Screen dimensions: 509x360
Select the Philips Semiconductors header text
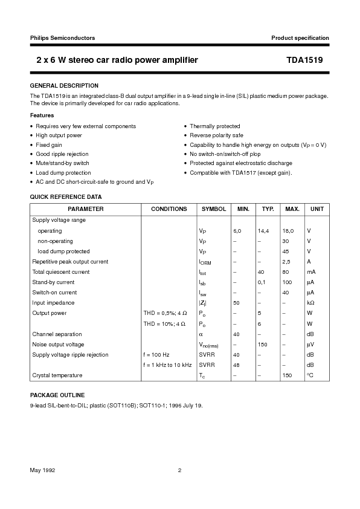point(62,37)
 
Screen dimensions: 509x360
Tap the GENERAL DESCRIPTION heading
point(64,86)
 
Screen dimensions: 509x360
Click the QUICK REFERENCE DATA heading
point(66,197)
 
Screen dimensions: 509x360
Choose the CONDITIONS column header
point(169,209)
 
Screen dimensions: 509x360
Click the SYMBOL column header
point(213,209)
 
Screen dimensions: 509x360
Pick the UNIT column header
point(317,209)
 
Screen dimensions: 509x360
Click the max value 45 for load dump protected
point(285,251)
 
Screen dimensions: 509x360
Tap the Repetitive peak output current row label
point(70,262)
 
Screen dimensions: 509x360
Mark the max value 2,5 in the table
point(286,262)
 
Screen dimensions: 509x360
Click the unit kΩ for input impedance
point(310,303)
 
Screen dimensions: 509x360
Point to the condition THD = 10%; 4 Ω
point(164,323)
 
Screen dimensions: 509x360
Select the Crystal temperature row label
point(57,375)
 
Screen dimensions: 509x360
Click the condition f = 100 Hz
point(156,355)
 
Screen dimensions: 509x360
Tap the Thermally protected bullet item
point(214,126)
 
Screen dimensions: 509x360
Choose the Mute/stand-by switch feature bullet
point(62,163)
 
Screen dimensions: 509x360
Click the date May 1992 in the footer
point(43,470)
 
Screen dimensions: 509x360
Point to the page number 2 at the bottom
point(179,470)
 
